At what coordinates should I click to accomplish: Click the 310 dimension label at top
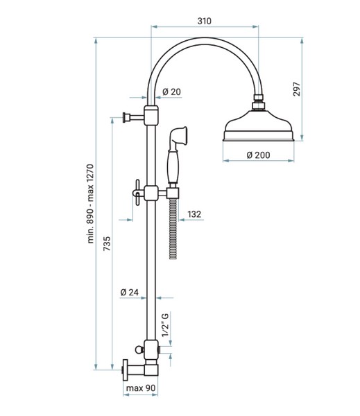tap(204, 21)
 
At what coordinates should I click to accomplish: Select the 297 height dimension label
tap(297, 89)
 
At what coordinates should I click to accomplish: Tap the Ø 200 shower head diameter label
tap(258, 155)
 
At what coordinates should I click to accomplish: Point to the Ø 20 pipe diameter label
tap(171, 92)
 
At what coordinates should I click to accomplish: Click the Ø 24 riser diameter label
tap(129, 293)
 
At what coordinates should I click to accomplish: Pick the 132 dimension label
tap(194, 214)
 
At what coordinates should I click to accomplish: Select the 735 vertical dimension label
tap(107, 243)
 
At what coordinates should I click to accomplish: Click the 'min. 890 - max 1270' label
tap(90, 204)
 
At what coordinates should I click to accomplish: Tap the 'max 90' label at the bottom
tap(140, 388)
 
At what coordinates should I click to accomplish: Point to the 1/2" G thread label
tap(165, 325)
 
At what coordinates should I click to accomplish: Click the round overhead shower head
tap(258, 125)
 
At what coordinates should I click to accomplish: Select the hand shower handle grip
tap(173, 166)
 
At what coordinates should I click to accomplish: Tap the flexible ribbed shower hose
tap(173, 228)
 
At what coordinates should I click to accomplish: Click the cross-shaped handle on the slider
tap(137, 193)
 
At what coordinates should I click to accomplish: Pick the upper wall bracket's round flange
tap(125, 117)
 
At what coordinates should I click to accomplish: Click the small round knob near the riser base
tap(139, 349)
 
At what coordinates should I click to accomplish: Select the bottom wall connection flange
tap(125, 370)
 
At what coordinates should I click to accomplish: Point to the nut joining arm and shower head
tap(259, 102)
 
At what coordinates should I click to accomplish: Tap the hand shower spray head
tap(179, 135)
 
